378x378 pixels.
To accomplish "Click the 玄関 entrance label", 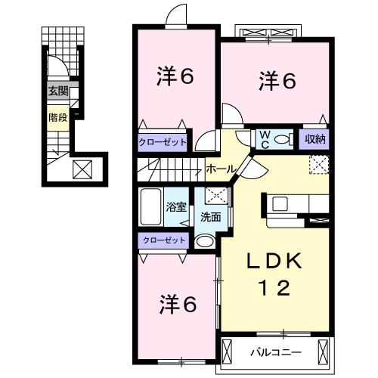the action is click(58, 91).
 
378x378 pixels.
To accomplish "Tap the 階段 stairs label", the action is click(58, 118).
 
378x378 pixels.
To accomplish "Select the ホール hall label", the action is click(220, 169).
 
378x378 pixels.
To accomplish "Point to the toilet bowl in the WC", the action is click(282, 139).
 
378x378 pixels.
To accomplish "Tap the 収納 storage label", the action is click(315, 139).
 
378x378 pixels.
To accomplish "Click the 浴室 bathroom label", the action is click(176, 207).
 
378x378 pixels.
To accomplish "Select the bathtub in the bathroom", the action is click(150, 206).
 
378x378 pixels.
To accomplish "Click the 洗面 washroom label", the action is click(211, 217).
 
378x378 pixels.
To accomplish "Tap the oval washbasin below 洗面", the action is click(205, 241).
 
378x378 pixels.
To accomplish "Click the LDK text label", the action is click(274, 261).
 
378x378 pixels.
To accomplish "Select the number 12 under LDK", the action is click(274, 288).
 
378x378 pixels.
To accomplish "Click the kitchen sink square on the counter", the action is click(280, 204).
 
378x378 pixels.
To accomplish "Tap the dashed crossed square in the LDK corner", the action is click(319, 165).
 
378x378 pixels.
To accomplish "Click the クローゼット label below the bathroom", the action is click(164, 240).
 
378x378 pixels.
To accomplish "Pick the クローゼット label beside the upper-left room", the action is click(163, 143).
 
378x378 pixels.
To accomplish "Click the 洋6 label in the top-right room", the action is click(277, 81).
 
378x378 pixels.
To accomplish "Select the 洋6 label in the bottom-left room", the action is click(178, 305).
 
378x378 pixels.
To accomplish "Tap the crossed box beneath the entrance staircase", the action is click(82, 169).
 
